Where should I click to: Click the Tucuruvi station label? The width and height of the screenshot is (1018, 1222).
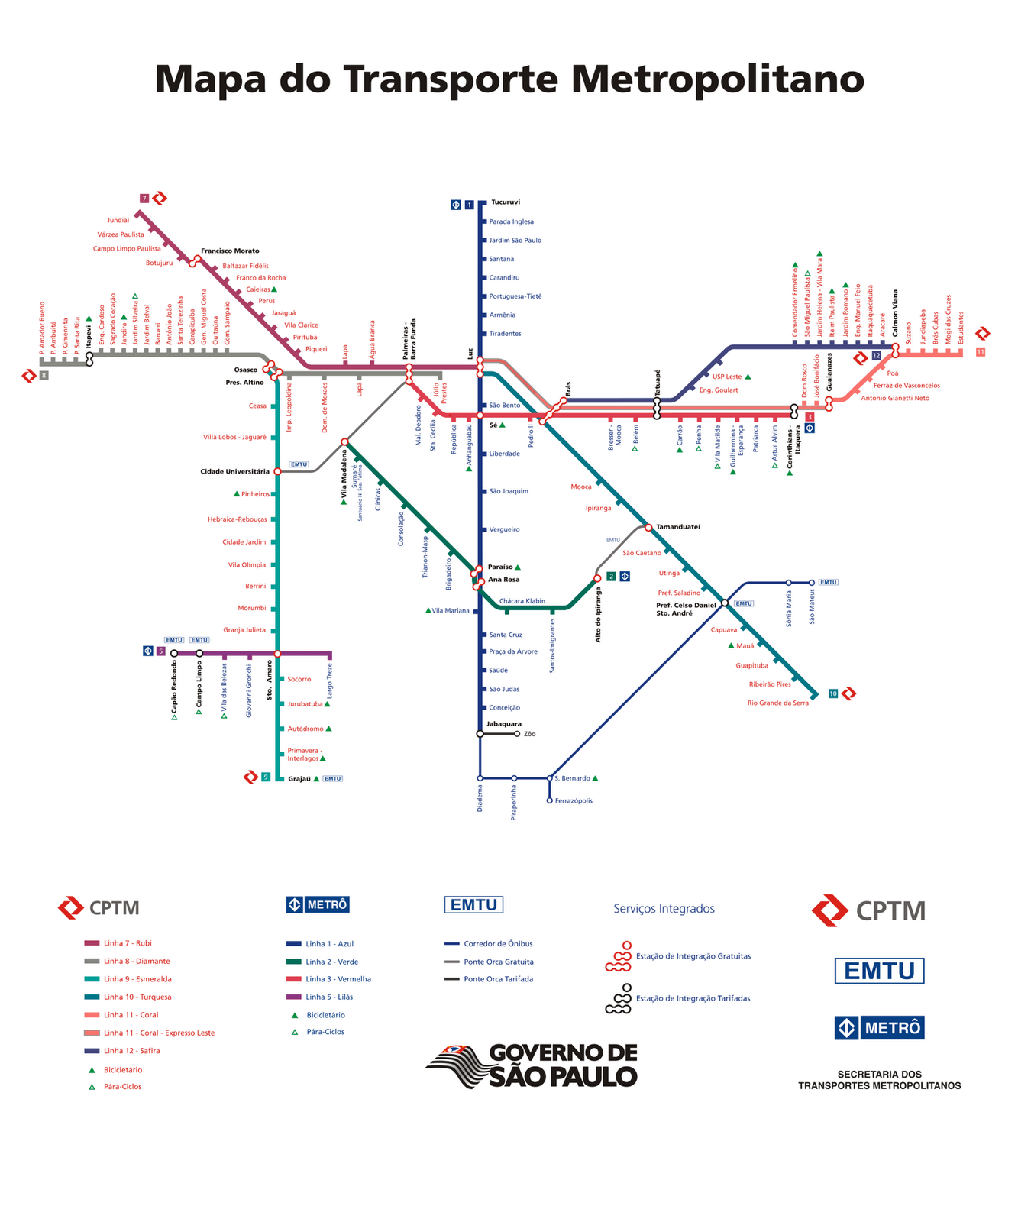point(505,202)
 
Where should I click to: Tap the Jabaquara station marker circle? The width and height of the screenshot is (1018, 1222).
point(480,734)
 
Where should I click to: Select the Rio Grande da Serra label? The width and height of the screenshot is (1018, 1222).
point(777,703)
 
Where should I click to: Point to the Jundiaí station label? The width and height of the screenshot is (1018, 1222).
point(118,220)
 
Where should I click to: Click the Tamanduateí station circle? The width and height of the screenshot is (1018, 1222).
point(648,527)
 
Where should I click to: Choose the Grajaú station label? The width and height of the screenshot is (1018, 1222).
point(299,779)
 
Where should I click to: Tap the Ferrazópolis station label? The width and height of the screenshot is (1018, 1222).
point(574,801)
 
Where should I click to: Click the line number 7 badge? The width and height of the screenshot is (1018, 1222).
point(144,199)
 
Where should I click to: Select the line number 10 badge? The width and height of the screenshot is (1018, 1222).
point(832,693)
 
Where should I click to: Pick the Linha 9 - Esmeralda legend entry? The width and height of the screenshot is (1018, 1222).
point(137,979)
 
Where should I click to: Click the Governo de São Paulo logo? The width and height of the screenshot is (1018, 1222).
point(532,1065)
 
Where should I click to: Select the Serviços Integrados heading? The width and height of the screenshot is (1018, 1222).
point(664,909)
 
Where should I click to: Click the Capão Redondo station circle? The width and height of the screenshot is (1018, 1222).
point(174,654)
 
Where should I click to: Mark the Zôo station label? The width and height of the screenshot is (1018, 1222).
point(530,734)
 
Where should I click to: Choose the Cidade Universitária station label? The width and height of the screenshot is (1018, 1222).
point(234,472)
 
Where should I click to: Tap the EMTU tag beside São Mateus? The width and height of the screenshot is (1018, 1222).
point(828,583)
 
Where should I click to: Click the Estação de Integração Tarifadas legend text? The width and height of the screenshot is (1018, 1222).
point(693,998)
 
